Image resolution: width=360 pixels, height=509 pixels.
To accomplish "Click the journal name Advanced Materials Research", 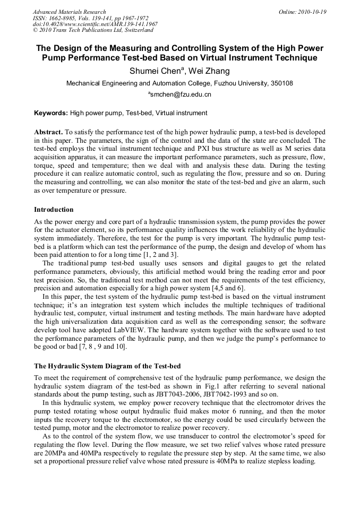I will (x=69, y=12).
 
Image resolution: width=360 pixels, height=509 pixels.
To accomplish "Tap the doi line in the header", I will (x=95, y=24).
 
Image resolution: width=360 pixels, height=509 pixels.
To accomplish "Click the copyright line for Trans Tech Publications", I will (x=93, y=30).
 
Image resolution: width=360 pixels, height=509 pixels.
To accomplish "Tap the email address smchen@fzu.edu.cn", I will (x=180, y=94).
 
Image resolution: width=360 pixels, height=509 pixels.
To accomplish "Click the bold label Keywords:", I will (x=51, y=113).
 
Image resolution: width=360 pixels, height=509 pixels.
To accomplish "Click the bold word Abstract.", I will (x=48, y=131).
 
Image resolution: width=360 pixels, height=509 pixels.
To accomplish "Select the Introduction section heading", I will (x=54, y=210).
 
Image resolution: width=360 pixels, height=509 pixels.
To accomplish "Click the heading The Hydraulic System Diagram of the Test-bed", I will (x=107, y=366).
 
